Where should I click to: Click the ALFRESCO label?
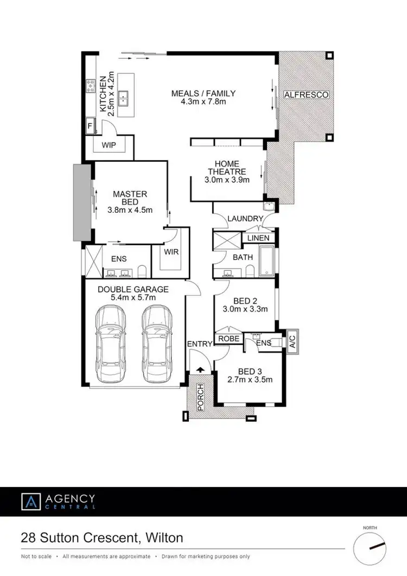click(x=307, y=94)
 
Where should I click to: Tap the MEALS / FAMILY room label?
click(x=199, y=93)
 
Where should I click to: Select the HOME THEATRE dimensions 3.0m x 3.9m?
click(x=227, y=180)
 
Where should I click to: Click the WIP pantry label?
click(x=110, y=145)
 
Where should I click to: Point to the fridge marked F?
click(x=90, y=126)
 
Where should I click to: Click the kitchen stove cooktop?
click(x=90, y=86)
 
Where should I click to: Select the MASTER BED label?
click(x=130, y=198)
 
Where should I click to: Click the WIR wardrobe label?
click(x=171, y=252)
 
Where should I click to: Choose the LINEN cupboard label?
click(x=258, y=238)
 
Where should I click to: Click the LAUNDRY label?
click(x=245, y=218)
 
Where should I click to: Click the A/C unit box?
click(x=291, y=341)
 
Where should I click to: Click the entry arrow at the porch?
click(x=200, y=370)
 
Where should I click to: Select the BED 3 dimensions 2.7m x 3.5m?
click(x=250, y=379)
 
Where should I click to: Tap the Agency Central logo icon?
click(x=31, y=501)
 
